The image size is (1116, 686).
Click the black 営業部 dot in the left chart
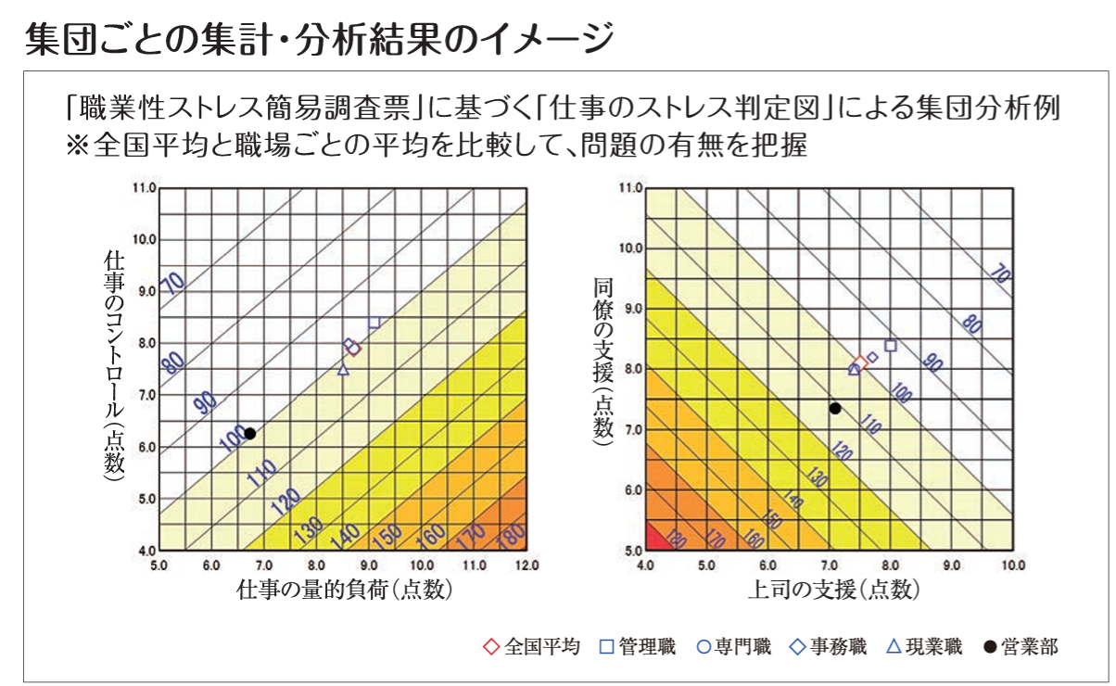[x=249, y=433]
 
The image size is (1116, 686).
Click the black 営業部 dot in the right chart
[x=835, y=408]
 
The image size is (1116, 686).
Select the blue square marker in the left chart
[x=374, y=323]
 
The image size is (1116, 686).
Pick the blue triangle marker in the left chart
[x=343, y=370]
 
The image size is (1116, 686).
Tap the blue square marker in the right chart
[x=891, y=346]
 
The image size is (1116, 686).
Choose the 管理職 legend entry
[x=638, y=647]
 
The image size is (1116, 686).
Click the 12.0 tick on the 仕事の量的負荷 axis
[x=526, y=565]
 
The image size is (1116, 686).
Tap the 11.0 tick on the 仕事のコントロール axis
[x=144, y=188]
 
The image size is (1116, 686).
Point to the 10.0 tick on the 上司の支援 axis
[x=1011, y=565]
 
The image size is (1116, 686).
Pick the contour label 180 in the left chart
[x=507, y=535]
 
